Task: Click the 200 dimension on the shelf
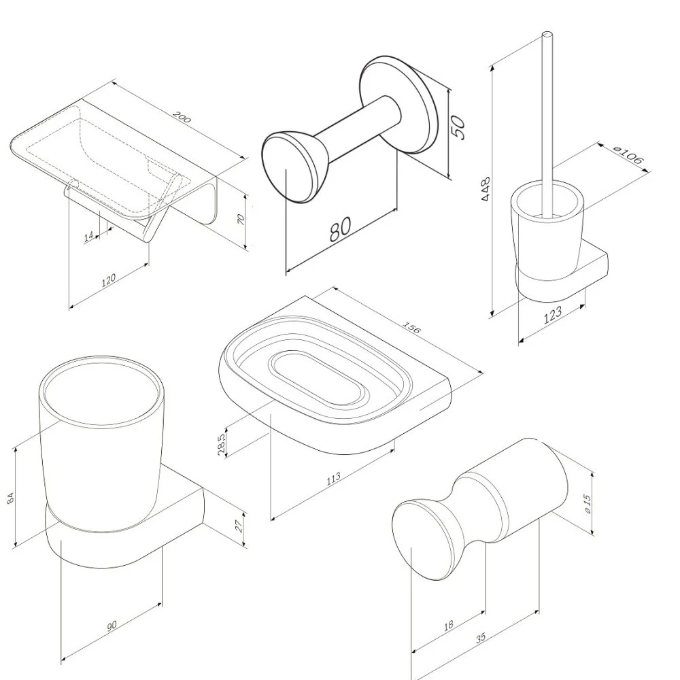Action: [182, 117]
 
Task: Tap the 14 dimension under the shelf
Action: [89, 237]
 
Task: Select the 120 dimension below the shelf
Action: [108, 279]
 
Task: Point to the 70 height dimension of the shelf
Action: [242, 220]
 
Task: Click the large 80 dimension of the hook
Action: [341, 228]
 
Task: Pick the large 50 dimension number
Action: [458, 127]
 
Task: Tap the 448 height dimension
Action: [486, 188]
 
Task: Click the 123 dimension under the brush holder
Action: [552, 315]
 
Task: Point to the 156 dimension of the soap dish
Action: [412, 328]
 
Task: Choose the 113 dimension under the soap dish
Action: [333, 478]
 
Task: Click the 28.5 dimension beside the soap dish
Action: [222, 444]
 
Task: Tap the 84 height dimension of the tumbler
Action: [12, 498]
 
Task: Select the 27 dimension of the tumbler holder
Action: [239, 526]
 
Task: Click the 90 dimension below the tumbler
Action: [112, 626]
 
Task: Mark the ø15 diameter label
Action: [588, 503]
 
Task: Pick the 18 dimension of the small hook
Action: [448, 626]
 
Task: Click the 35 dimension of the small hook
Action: [481, 639]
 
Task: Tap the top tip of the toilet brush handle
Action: [547, 34]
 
